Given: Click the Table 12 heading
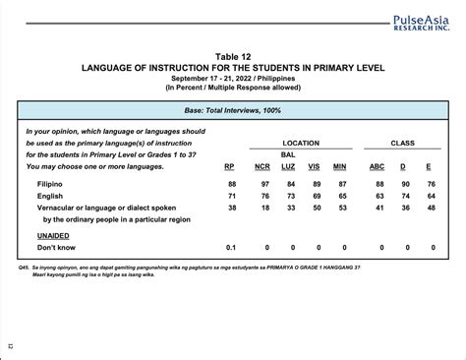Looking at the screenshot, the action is (233, 57).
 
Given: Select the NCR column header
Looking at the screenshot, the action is (262, 166).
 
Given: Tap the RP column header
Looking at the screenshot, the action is (231, 166).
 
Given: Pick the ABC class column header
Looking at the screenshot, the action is (377, 166).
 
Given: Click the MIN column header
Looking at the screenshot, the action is (341, 166).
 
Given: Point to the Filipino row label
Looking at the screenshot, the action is (50, 184).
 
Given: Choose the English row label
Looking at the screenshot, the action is (49, 197).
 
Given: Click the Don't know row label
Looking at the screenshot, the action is (56, 248).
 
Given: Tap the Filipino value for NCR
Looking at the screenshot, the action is (262, 184).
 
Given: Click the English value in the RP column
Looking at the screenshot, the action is (231, 197).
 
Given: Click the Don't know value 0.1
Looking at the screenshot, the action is (231, 248).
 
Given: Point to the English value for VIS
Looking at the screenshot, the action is (315, 197).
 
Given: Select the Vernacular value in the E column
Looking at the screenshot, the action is (431, 209).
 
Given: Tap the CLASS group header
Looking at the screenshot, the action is (403, 143).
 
